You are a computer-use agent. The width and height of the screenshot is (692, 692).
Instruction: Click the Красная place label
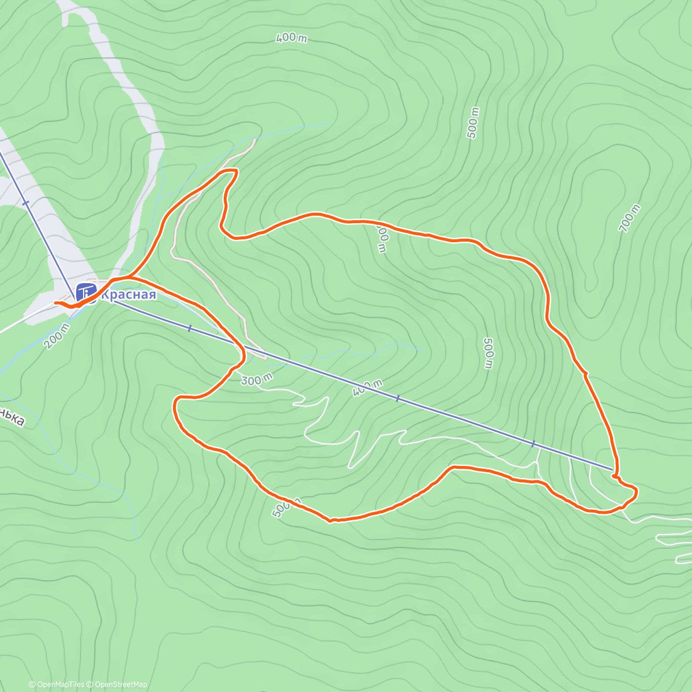pyautogui.click(x=129, y=295)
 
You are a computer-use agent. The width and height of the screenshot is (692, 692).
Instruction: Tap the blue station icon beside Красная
pyautogui.click(x=85, y=292)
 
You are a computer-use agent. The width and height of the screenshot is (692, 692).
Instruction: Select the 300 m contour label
pyautogui.click(x=256, y=379)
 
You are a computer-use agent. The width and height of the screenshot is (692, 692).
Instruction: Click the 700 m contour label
pyautogui.click(x=629, y=219)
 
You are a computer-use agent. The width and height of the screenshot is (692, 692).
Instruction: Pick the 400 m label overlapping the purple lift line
pyautogui.click(x=367, y=388)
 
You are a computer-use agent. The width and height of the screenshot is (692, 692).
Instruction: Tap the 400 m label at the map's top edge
pyautogui.click(x=291, y=38)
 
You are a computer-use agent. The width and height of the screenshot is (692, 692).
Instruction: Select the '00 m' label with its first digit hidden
pyautogui.click(x=382, y=238)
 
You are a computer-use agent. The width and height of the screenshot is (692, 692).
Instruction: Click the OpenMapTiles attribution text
pyautogui.click(x=57, y=685)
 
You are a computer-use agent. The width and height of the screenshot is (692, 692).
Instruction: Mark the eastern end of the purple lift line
pyautogui.click(x=612, y=471)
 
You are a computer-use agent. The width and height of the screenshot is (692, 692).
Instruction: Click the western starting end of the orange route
pyautogui.click(x=55, y=302)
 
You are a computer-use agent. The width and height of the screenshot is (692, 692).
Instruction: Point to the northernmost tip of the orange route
pyautogui.click(x=231, y=170)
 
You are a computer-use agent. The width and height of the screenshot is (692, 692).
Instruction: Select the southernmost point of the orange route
pyautogui.click(x=330, y=521)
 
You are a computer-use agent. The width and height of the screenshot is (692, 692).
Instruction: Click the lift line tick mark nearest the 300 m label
pyautogui.click(x=189, y=328)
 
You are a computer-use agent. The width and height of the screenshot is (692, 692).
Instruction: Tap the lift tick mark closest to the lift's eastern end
pyautogui.click(x=533, y=443)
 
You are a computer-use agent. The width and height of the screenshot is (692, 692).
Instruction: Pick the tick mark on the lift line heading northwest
pyautogui.click(x=25, y=202)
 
